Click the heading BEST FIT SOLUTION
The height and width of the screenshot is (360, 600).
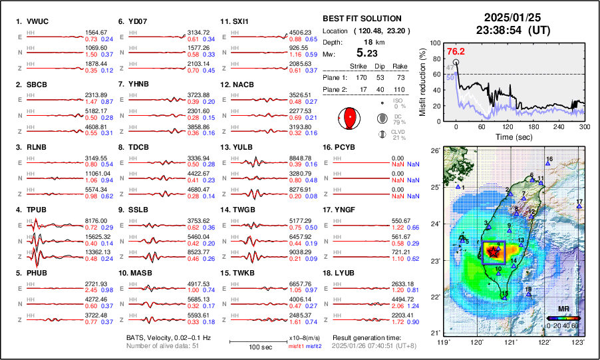[361, 19]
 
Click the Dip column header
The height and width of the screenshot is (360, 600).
[379, 66]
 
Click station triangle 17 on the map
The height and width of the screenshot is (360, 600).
[579, 208]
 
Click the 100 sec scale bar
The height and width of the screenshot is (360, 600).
[257, 342]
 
